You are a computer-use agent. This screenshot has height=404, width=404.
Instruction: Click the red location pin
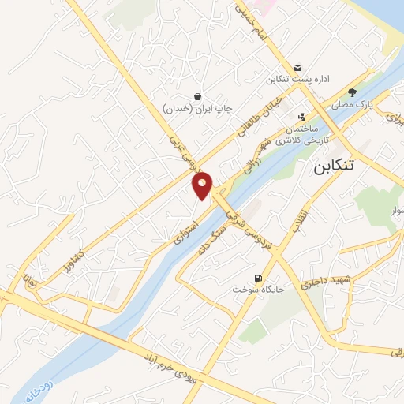(204, 185)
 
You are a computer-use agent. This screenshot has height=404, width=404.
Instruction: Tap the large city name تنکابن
(345, 166)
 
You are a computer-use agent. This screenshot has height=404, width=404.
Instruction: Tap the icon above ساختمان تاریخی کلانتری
(301, 116)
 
